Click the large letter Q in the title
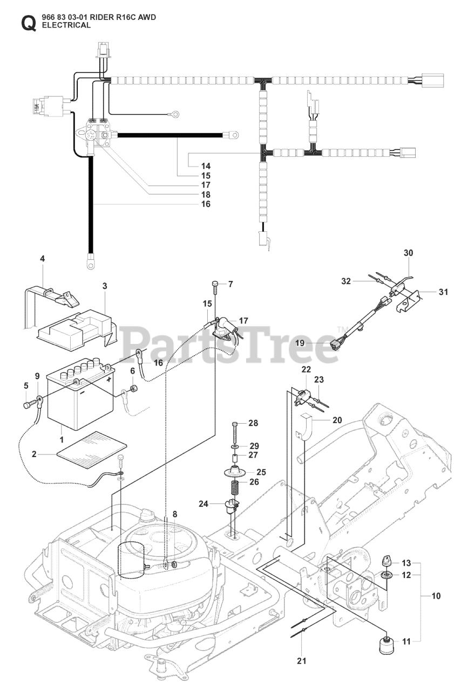click(28, 23)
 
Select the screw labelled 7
click(215, 285)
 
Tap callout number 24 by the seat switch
click(203, 504)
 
